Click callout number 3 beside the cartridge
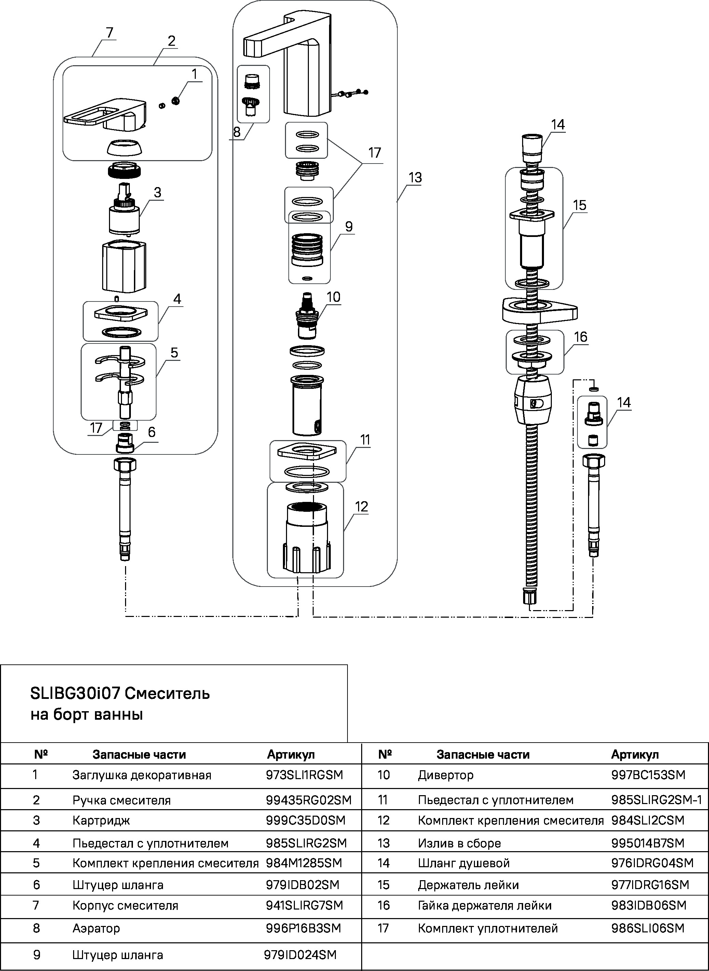[x=158, y=193]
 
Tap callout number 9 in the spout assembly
[x=349, y=226]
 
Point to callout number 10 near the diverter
[x=333, y=297]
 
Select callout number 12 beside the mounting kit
[x=362, y=507]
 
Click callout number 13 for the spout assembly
[x=415, y=178]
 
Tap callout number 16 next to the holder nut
[x=580, y=337]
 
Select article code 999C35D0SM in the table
[x=305, y=820]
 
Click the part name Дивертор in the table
[x=446, y=775]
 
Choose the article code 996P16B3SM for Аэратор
[x=303, y=928]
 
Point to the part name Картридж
[x=101, y=820]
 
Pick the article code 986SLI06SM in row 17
[x=647, y=928]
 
